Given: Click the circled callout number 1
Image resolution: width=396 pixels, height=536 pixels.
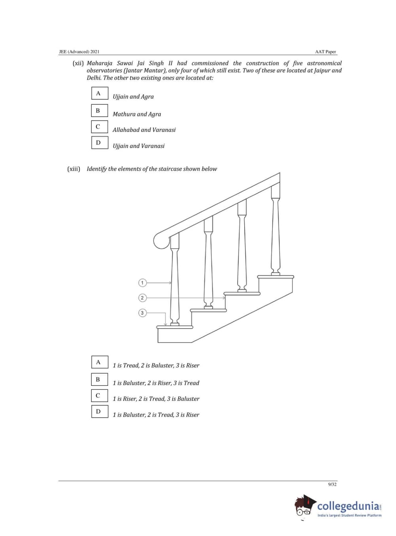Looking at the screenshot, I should click(142, 283).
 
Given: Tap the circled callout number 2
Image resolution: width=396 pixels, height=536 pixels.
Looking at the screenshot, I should click(142, 298).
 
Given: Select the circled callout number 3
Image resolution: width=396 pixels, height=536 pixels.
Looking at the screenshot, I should click(142, 313).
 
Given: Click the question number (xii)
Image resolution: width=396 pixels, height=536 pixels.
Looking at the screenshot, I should click(78, 63).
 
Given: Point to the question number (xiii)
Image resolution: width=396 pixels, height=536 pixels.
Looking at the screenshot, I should click(74, 169).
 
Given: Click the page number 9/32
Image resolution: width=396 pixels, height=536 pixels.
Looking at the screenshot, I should click(332, 484).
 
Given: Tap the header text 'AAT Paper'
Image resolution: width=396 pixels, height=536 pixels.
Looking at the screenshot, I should click(325, 52).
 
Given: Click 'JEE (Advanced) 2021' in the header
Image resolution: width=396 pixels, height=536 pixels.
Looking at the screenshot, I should click(79, 52).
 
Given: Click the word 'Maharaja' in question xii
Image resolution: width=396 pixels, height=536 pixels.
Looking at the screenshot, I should click(99, 63).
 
